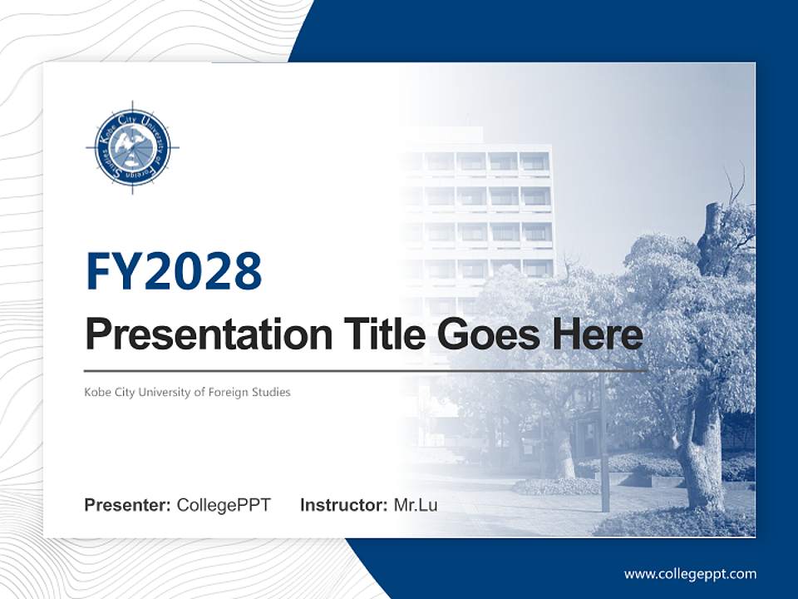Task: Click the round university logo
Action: pos(132,148)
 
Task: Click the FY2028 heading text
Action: pos(174,270)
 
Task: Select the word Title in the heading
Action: pos(381,334)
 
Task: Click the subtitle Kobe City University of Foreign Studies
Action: pos(187,392)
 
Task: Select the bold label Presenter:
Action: pos(128,505)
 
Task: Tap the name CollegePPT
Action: pos(224,505)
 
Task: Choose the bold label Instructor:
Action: pos(343,505)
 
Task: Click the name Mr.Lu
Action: pos(416,505)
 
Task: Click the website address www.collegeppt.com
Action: pos(690,574)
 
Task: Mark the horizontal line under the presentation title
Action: pos(366,371)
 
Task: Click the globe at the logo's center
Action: pos(132,148)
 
